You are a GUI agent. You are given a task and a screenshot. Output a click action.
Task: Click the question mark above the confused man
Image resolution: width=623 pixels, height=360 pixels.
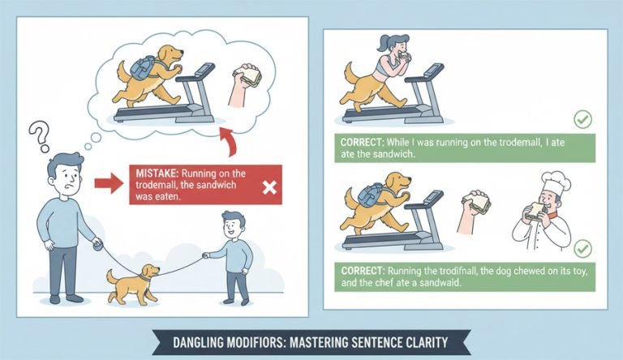pos(40,135)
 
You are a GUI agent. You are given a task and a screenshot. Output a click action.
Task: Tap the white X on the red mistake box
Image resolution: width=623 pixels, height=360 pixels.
pos(270,187)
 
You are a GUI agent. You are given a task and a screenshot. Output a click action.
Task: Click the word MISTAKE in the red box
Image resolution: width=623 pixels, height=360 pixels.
pos(157,174)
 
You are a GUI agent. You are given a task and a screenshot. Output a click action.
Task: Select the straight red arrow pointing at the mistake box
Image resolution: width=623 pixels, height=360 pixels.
pos(109,183)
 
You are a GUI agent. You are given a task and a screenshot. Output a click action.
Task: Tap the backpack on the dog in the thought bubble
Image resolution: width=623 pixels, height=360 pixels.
pos(142,67)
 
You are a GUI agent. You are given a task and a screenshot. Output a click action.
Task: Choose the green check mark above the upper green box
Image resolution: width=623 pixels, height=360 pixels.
pos(582,119)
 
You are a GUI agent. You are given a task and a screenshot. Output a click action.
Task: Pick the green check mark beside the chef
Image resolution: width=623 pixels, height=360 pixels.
pos(582,249)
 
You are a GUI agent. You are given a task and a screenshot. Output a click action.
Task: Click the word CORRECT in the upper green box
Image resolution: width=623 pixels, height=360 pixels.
pos(362,142)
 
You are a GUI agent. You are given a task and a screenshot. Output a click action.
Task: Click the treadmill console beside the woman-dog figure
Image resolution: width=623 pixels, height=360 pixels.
pos(433,71)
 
